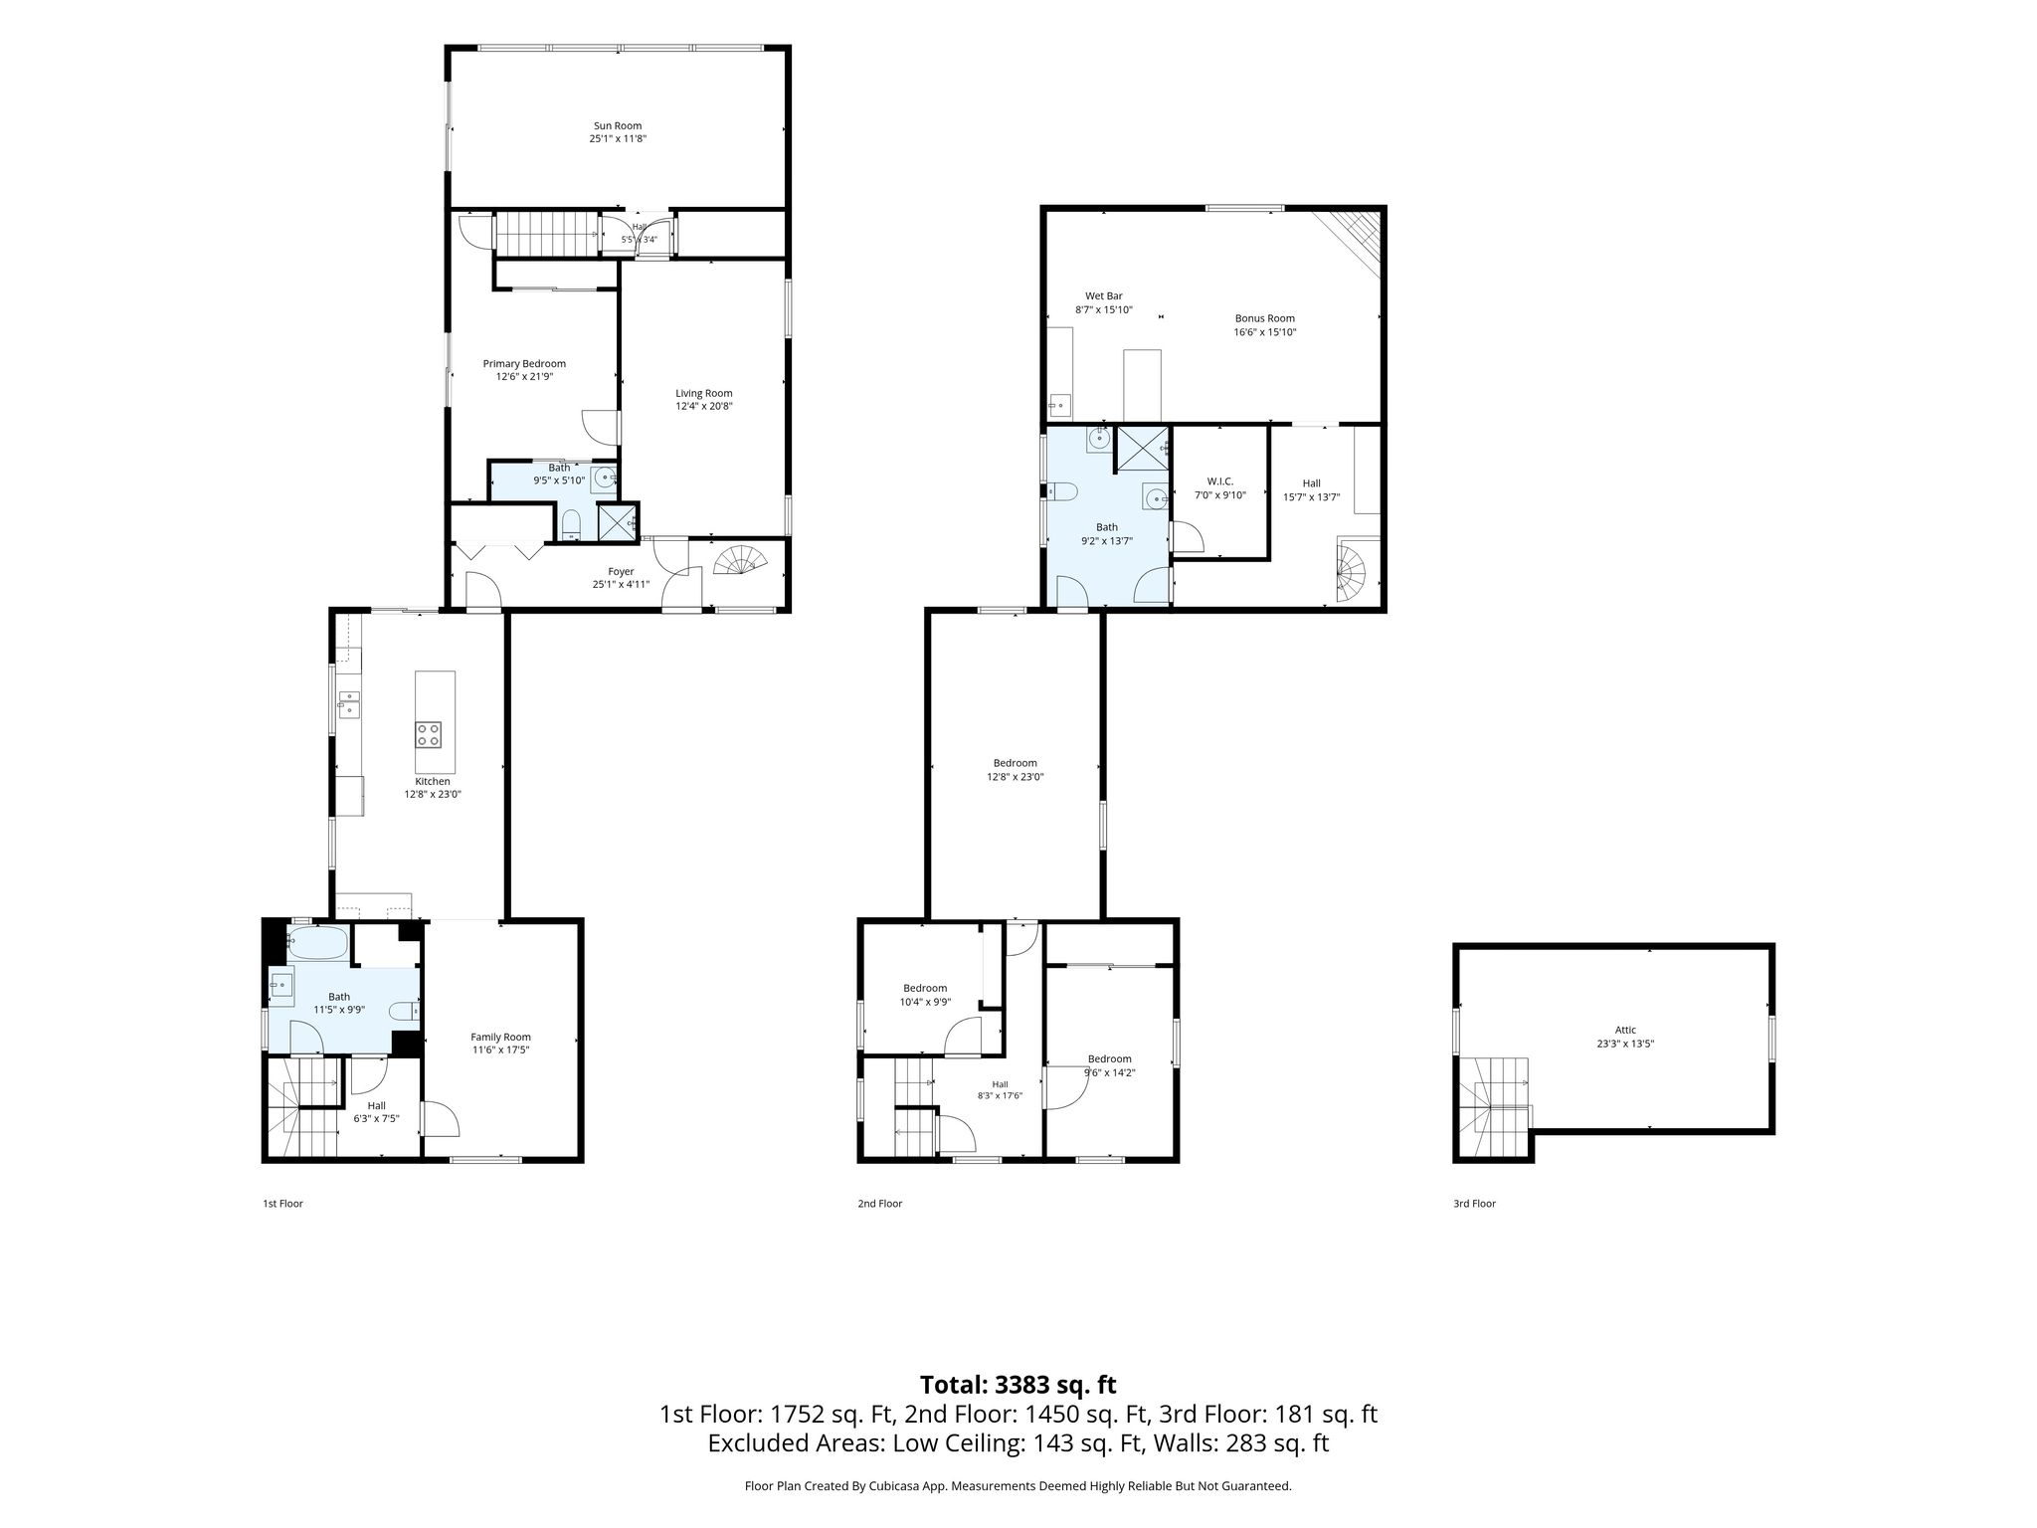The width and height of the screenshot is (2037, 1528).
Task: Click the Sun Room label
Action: click(x=618, y=126)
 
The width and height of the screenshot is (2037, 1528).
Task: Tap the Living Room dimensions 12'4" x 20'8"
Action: click(x=704, y=406)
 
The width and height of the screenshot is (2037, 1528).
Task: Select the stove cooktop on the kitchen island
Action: click(x=429, y=735)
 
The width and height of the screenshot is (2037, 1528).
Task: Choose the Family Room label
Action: click(x=501, y=1037)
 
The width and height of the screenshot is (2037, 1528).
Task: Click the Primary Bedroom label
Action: click(x=524, y=364)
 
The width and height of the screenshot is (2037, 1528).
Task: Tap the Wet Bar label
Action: click(x=1104, y=296)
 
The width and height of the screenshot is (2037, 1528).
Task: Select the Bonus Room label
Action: click(x=1265, y=319)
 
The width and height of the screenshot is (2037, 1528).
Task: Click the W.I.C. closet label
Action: click(x=1219, y=481)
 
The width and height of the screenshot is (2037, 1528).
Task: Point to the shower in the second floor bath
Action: click(x=1144, y=448)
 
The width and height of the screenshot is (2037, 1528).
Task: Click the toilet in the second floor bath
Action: click(x=1062, y=491)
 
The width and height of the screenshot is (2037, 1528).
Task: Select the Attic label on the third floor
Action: click(x=1625, y=1031)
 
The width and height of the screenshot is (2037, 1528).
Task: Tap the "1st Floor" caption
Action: click(x=282, y=1204)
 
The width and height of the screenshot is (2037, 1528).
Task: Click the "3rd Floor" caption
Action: click(x=1474, y=1204)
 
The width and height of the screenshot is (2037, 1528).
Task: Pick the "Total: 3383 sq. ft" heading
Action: click(x=1018, y=1385)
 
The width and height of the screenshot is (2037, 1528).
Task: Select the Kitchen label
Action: click(x=433, y=782)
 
